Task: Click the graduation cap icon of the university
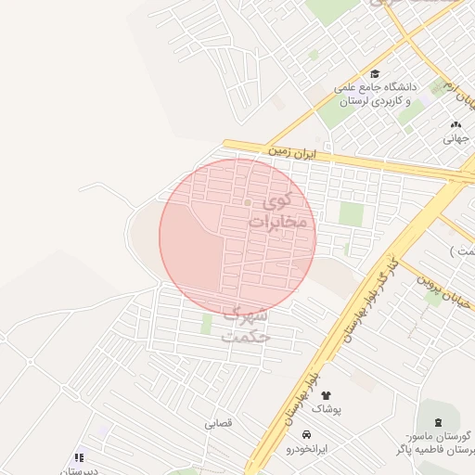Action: (x=375, y=75)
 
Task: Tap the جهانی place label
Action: (x=456, y=139)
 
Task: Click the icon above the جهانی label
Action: (x=456, y=125)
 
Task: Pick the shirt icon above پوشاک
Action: (x=326, y=395)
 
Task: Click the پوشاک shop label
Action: (x=326, y=408)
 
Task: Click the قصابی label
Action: (x=219, y=423)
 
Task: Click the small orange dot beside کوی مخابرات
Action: (x=248, y=202)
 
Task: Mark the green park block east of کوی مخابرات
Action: (x=351, y=214)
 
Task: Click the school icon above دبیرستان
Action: (x=79, y=456)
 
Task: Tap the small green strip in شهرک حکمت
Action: (x=207, y=324)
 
